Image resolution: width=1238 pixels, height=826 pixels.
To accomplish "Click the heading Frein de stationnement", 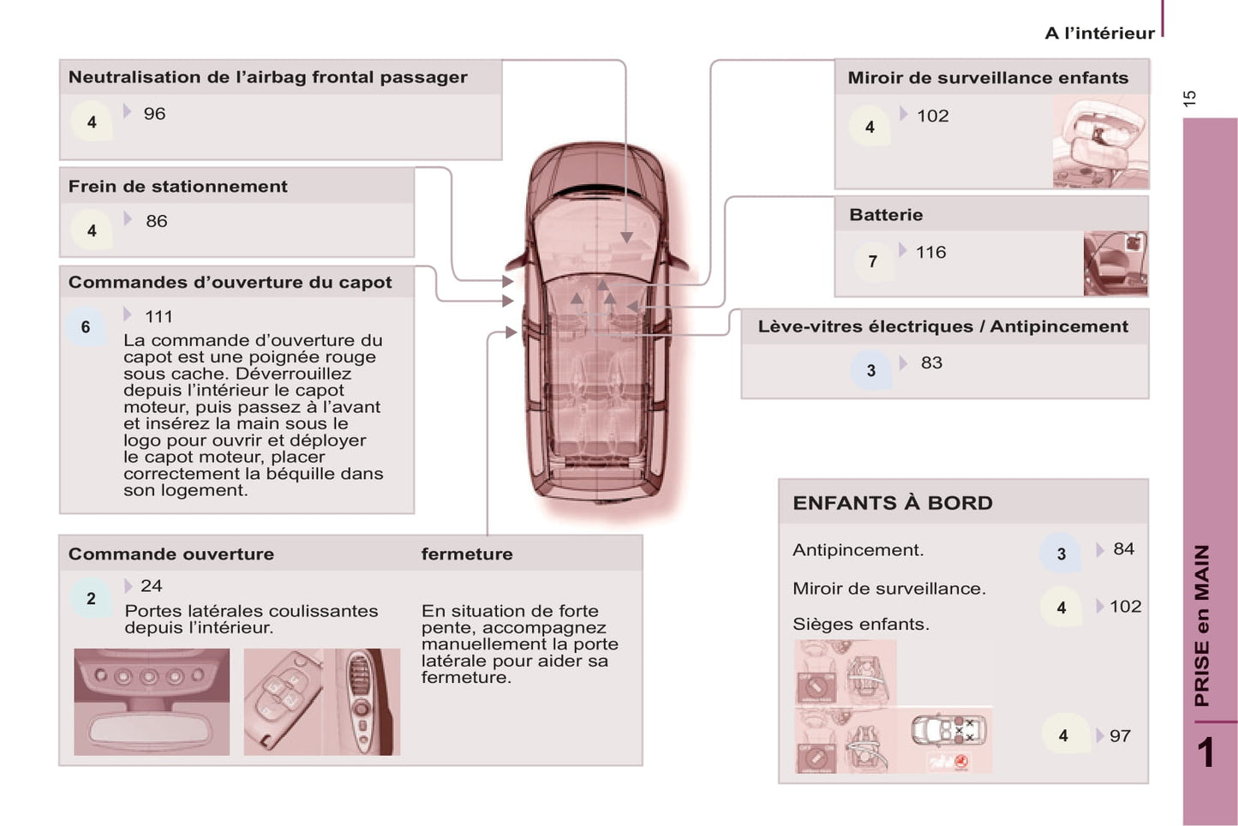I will [177, 187].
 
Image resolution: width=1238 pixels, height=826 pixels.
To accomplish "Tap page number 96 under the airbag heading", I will [154, 114].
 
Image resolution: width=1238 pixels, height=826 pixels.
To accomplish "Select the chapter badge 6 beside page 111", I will [86, 327].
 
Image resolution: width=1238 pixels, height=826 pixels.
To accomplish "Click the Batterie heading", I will [886, 215].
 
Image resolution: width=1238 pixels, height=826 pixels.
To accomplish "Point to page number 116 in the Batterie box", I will [930, 253].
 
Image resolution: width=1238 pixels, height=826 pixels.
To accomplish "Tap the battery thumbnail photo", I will [1115, 264].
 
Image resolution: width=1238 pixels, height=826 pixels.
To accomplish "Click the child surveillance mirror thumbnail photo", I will [1100, 141].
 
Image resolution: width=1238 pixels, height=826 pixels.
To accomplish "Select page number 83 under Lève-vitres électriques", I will [931, 363].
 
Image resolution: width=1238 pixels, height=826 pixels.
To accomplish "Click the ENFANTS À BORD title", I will [892, 504].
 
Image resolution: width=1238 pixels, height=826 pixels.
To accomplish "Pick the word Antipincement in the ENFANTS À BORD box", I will [858, 550].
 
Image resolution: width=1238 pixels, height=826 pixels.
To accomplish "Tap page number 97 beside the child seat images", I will [1120, 736].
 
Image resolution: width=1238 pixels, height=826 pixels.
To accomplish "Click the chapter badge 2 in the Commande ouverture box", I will [92, 599].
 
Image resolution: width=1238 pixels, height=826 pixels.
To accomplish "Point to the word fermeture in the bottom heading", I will [467, 554].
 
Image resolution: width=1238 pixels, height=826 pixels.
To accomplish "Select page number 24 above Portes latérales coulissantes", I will [151, 586].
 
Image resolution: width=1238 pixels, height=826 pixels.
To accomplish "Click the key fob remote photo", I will [283, 702].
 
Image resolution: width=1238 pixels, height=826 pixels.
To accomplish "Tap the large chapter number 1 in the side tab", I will [1205, 753].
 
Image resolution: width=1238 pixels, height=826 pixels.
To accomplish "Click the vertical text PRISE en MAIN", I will [1202, 625].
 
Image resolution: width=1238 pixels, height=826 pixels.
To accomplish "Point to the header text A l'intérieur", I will [1099, 33].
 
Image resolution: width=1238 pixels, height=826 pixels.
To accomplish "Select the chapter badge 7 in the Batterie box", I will [872, 261].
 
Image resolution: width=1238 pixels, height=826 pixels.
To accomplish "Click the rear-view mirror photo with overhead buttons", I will [152, 702].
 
